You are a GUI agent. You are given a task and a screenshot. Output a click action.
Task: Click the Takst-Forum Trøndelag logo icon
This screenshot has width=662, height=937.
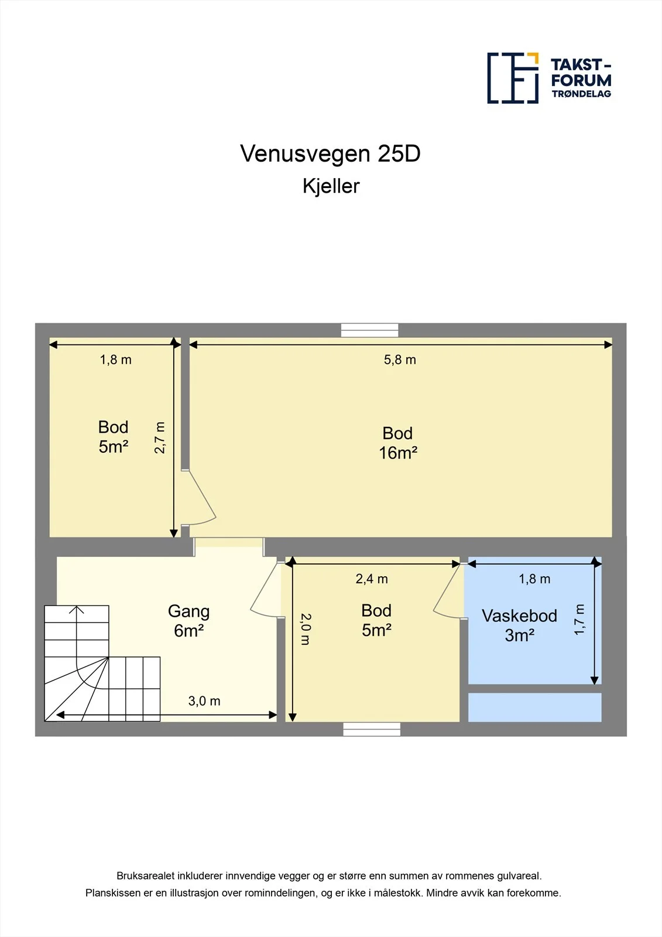[x=513, y=78]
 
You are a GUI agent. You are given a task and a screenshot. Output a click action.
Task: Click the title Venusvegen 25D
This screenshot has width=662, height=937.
[x=330, y=153]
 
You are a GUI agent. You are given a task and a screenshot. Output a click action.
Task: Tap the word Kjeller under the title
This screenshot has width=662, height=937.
[x=331, y=186]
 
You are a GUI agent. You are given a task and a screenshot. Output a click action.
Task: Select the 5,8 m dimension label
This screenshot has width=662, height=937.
[x=400, y=360]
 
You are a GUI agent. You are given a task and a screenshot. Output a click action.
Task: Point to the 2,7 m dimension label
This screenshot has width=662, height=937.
[x=160, y=437]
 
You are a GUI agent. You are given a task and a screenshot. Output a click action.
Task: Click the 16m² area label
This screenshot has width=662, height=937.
[x=397, y=453]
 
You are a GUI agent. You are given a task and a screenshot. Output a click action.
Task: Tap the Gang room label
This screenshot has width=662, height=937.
[x=188, y=611]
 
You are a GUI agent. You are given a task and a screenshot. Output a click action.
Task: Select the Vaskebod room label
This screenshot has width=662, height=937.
[x=519, y=615]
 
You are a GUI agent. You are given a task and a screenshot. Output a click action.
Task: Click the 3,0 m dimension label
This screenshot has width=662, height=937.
[x=204, y=700]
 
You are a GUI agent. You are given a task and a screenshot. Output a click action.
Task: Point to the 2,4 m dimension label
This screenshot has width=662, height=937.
[x=371, y=579]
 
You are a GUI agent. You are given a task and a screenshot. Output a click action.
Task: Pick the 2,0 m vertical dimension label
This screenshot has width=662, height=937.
[x=306, y=629]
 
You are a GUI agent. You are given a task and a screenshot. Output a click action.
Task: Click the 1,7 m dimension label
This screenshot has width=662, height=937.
[x=579, y=620]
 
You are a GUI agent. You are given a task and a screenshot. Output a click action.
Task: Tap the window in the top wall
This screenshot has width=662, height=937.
[x=370, y=330]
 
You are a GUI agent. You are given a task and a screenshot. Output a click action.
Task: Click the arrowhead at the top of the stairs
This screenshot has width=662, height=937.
[x=76, y=609]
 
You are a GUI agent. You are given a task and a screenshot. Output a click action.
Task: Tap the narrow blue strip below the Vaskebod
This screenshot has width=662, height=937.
[x=534, y=707]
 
